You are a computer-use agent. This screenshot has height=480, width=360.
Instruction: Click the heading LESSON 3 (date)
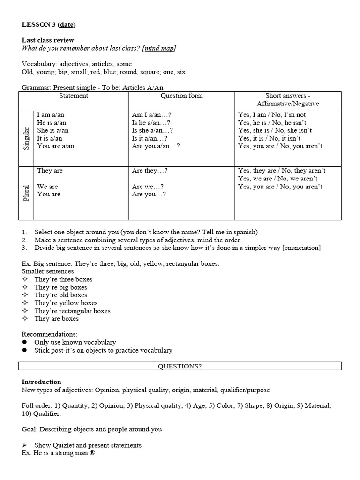48,25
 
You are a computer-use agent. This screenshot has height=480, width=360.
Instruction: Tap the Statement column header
73,96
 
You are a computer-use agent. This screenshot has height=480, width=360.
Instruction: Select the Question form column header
181,96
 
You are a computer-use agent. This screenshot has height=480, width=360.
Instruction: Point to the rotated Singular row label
26,138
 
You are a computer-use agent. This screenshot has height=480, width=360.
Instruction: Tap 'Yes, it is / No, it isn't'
270,138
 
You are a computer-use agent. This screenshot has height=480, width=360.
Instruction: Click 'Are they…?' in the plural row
150,171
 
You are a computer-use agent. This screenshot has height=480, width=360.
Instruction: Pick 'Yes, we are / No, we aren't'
277,179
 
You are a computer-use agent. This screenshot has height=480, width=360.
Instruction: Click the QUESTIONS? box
180,366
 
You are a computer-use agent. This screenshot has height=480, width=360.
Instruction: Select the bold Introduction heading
41,382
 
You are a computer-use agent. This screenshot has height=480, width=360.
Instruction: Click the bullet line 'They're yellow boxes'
66,303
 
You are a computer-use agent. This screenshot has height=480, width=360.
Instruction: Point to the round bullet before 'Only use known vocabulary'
24,343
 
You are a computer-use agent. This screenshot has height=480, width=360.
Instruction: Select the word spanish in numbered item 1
244,232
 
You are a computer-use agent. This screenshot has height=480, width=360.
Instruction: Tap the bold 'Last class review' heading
48,40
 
